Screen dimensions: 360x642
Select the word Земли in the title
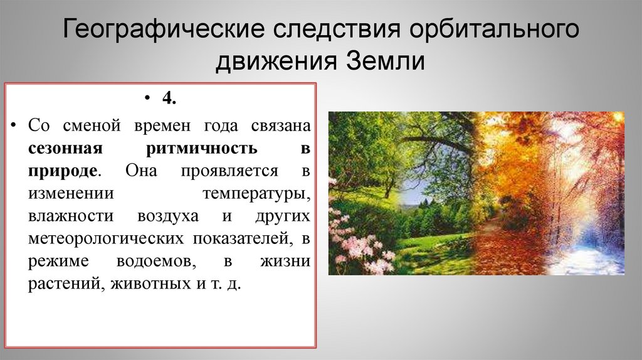(x=384, y=63)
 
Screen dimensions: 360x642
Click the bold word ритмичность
(x=201, y=148)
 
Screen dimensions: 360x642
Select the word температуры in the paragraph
(x=256, y=193)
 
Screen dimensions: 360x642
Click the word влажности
(x=70, y=216)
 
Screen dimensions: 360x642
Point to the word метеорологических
(x=105, y=238)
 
